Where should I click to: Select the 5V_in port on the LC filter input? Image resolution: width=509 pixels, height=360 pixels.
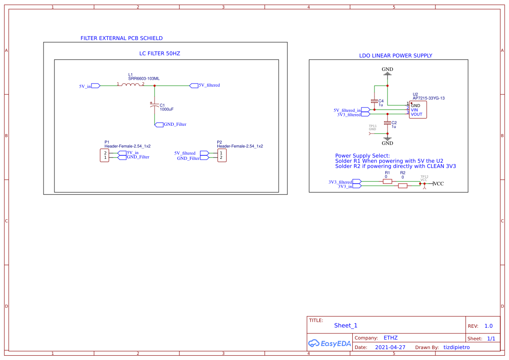click(x=96, y=86)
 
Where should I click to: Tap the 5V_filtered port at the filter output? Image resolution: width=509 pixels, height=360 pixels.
click(x=194, y=85)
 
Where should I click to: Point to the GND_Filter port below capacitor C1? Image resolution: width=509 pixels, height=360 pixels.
click(x=159, y=124)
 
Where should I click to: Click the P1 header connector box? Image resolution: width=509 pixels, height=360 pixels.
click(x=105, y=155)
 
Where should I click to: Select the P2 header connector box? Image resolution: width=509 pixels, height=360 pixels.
click(x=222, y=155)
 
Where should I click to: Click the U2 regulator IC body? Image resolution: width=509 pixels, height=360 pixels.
click(x=418, y=110)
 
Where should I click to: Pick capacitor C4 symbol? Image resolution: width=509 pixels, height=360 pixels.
click(x=374, y=101)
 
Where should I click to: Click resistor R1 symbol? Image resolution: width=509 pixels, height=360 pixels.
click(x=388, y=182)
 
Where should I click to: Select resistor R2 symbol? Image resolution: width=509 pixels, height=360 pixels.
click(x=403, y=186)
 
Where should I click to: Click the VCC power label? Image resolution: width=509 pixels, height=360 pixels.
click(x=438, y=184)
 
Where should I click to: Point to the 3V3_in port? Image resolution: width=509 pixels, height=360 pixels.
click(x=357, y=186)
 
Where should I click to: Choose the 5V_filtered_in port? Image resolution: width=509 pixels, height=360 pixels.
click(x=365, y=110)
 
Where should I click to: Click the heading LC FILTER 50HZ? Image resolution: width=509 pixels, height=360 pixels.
click(x=159, y=54)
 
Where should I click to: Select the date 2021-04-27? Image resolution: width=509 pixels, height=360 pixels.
click(x=390, y=347)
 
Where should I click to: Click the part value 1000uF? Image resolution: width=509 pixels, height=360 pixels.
click(x=167, y=109)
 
